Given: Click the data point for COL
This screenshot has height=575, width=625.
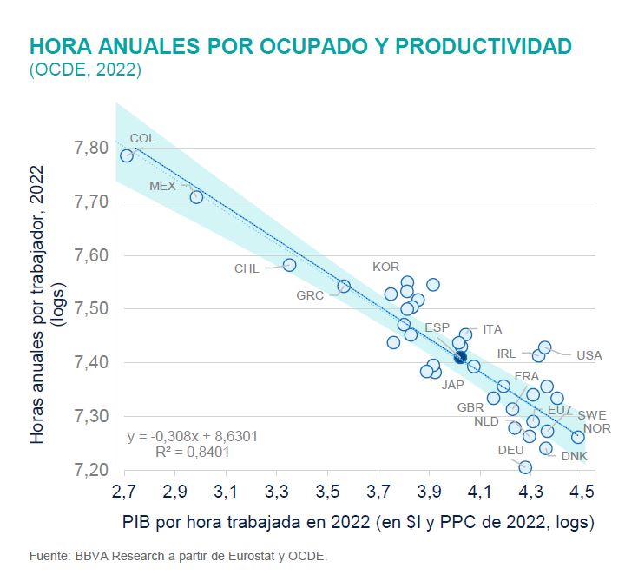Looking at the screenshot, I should coord(127,155).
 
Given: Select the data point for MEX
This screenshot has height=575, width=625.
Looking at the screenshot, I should coord(196,197).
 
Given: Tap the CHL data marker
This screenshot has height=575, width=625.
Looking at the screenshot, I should coord(290,265).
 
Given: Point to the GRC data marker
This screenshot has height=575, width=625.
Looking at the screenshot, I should coord(344,286).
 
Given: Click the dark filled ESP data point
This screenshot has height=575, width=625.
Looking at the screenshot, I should coord(460,356).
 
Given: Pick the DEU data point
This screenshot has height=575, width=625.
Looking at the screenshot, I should coord(525,467).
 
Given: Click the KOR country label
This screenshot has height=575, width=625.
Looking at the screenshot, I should coord(386,267).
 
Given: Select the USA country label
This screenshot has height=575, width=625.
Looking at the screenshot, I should coord(589,355).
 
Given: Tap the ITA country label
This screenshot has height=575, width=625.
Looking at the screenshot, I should coord(492,329).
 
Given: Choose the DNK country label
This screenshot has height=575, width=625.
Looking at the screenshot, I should coord(574,456).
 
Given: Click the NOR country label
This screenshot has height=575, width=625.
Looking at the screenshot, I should coord(596,428).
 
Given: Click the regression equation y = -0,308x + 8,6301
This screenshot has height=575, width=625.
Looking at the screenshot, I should coord(191,437).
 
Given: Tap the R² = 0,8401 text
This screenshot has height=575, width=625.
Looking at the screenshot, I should coord(191,453).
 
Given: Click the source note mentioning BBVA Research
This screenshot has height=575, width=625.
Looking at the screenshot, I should coord(178,555).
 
